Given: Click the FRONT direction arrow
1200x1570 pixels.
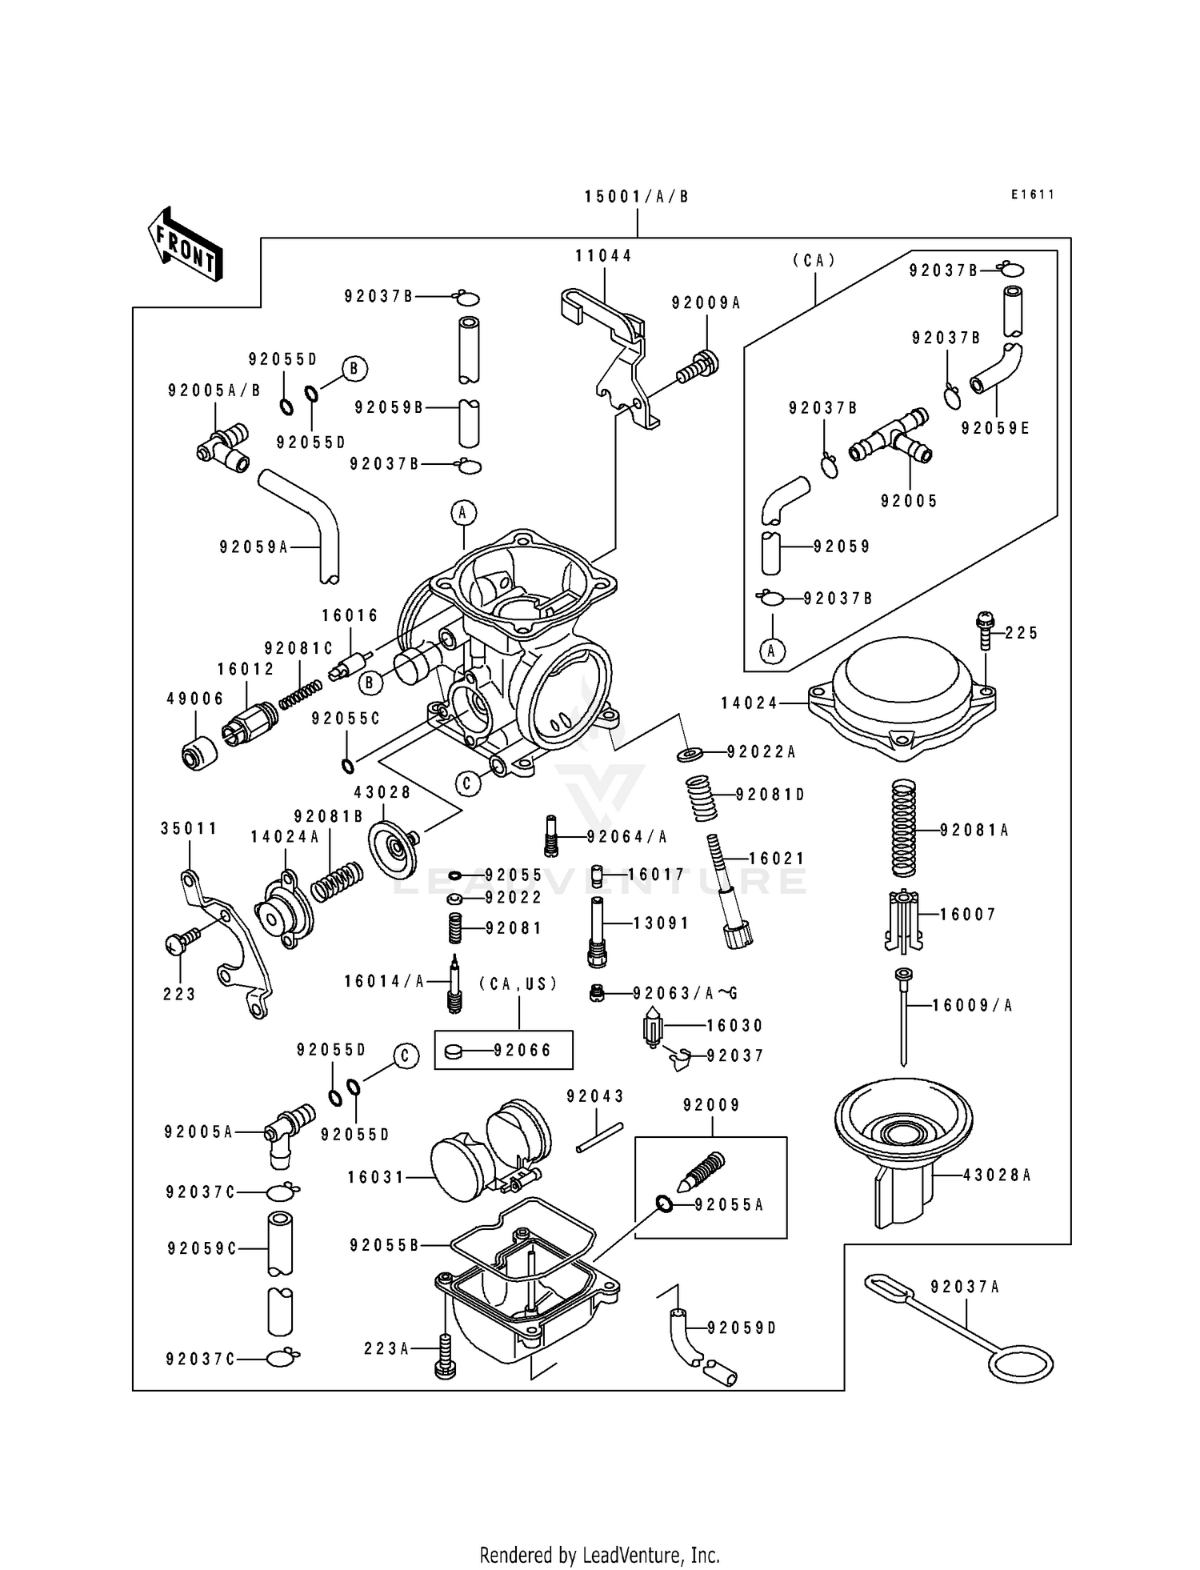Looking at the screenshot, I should [x=184, y=245].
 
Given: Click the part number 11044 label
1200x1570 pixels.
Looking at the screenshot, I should [x=603, y=256].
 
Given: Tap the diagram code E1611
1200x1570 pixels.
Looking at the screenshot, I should [x=1032, y=194].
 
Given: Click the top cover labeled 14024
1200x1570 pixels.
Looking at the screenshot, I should [x=901, y=696].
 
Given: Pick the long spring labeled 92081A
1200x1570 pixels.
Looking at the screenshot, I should [x=903, y=829].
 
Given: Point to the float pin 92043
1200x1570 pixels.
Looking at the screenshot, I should [x=599, y=1139].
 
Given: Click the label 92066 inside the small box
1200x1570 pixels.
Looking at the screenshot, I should [x=522, y=1050].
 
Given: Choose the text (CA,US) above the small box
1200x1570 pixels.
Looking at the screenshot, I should [x=518, y=983].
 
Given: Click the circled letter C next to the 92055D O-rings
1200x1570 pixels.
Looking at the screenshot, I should [x=405, y=1056].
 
